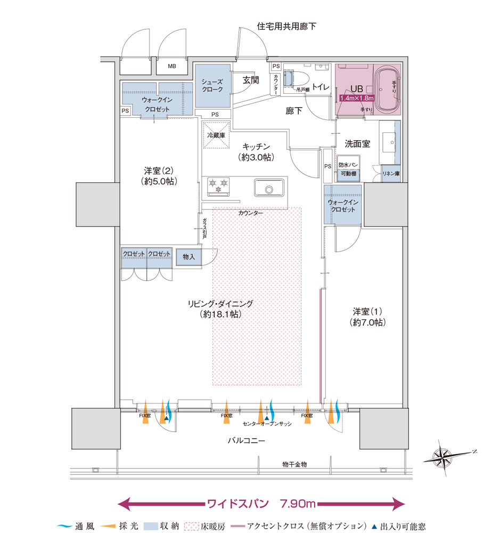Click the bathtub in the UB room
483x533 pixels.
(x=387, y=90)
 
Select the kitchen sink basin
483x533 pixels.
(x=269, y=188)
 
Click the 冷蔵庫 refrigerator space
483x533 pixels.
(x=216, y=135)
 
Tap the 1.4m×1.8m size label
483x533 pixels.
(x=357, y=98)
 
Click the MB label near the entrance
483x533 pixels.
(x=172, y=66)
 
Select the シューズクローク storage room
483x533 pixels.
(x=212, y=86)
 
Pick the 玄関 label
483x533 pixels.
(x=251, y=80)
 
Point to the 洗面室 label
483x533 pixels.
(x=357, y=144)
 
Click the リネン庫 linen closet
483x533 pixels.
(x=391, y=174)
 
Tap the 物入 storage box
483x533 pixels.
(x=189, y=257)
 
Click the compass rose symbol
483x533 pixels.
(x=443, y=457)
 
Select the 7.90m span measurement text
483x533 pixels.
(x=298, y=504)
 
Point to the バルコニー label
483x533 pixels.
(x=246, y=441)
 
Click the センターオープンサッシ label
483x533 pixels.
(x=267, y=424)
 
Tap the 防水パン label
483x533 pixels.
(x=348, y=165)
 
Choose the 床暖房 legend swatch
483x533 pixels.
(x=192, y=527)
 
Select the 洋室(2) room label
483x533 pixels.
(x=159, y=171)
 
